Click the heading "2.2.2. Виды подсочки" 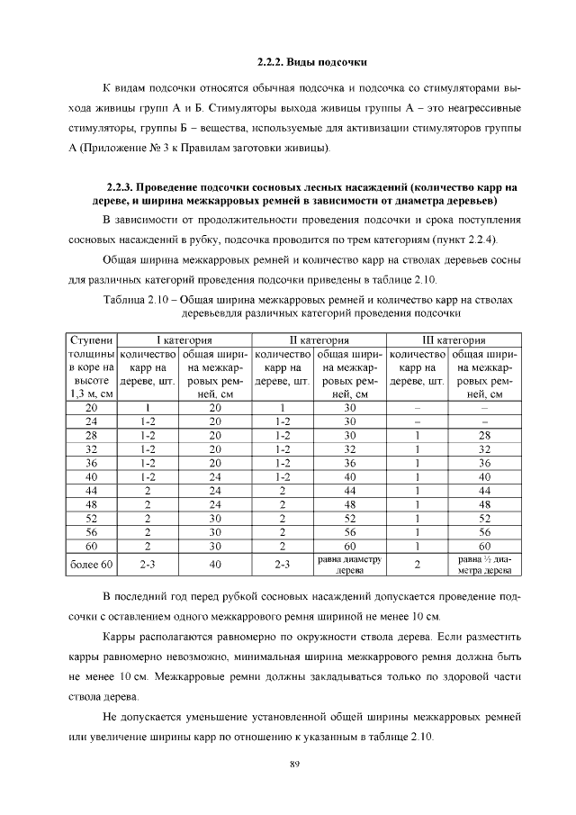point(310,62)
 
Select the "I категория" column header point(184,340)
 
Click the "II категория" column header point(319,340)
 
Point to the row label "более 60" point(91,565)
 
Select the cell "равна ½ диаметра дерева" point(484,565)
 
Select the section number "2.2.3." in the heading point(125,187)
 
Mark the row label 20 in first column point(91,407)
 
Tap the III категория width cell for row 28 point(484,435)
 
